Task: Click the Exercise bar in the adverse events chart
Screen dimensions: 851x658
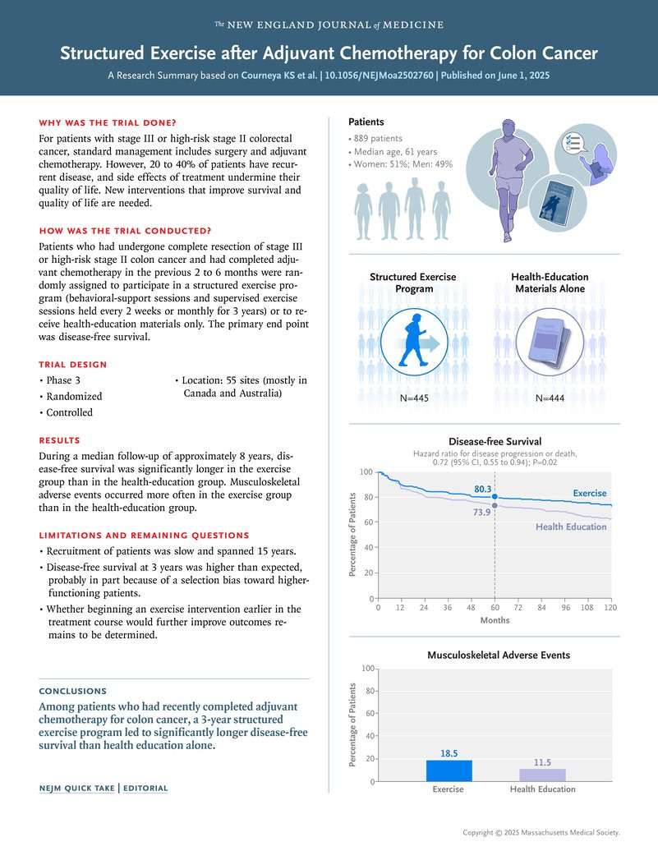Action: [x=449, y=770]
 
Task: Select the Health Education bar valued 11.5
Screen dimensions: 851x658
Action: [x=542, y=775]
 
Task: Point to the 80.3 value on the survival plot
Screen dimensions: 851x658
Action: [x=482, y=490]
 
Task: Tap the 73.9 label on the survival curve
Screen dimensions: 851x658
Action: [x=482, y=511]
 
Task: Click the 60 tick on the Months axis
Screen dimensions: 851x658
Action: [x=495, y=608]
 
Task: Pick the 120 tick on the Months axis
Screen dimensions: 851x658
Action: [x=610, y=608]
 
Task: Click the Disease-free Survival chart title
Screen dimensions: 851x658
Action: [x=495, y=442]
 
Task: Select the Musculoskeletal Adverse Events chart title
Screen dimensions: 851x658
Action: [x=499, y=655]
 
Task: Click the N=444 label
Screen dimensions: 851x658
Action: [x=551, y=398]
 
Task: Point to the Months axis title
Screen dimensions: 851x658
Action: [x=495, y=620]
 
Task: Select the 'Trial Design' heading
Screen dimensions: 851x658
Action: [x=73, y=365]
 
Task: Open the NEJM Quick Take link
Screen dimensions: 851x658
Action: [x=78, y=789]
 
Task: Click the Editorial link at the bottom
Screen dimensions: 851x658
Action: [x=145, y=789]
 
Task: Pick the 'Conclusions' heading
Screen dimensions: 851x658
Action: [x=73, y=691]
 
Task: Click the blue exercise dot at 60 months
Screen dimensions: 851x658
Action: [x=495, y=497]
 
